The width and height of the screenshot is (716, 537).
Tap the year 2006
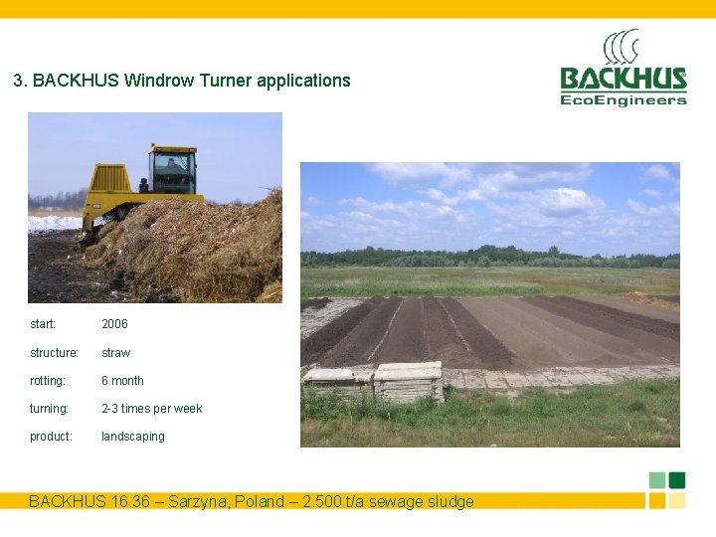(114, 324)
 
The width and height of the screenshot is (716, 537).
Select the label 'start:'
(43, 324)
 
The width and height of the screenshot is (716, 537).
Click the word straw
(115, 353)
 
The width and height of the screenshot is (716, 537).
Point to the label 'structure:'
(54, 353)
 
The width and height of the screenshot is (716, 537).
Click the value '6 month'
(122, 381)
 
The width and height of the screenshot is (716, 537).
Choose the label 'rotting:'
(48, 381)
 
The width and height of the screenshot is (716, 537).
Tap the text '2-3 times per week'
(151, 409)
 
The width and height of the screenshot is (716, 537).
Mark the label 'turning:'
(49, 409)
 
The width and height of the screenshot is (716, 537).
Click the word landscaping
(132, 437)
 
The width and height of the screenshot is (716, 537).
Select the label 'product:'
(51, 437)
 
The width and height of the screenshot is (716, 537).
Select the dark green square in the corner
(677, 480)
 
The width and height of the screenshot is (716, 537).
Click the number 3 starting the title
(18, 81)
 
